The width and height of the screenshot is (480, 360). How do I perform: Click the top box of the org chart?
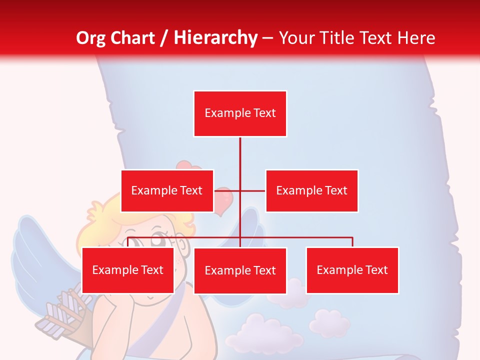[x=240, y=113]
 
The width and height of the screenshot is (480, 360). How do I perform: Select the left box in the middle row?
[x=167, y=190]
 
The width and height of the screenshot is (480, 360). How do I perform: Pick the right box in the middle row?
[x=311, y=190]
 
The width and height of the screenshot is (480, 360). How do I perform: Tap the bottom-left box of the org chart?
[x=128, y=270]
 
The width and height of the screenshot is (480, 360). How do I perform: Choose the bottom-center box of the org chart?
[x=240, y=270]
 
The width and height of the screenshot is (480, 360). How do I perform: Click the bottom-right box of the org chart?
[x=352, y=270]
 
